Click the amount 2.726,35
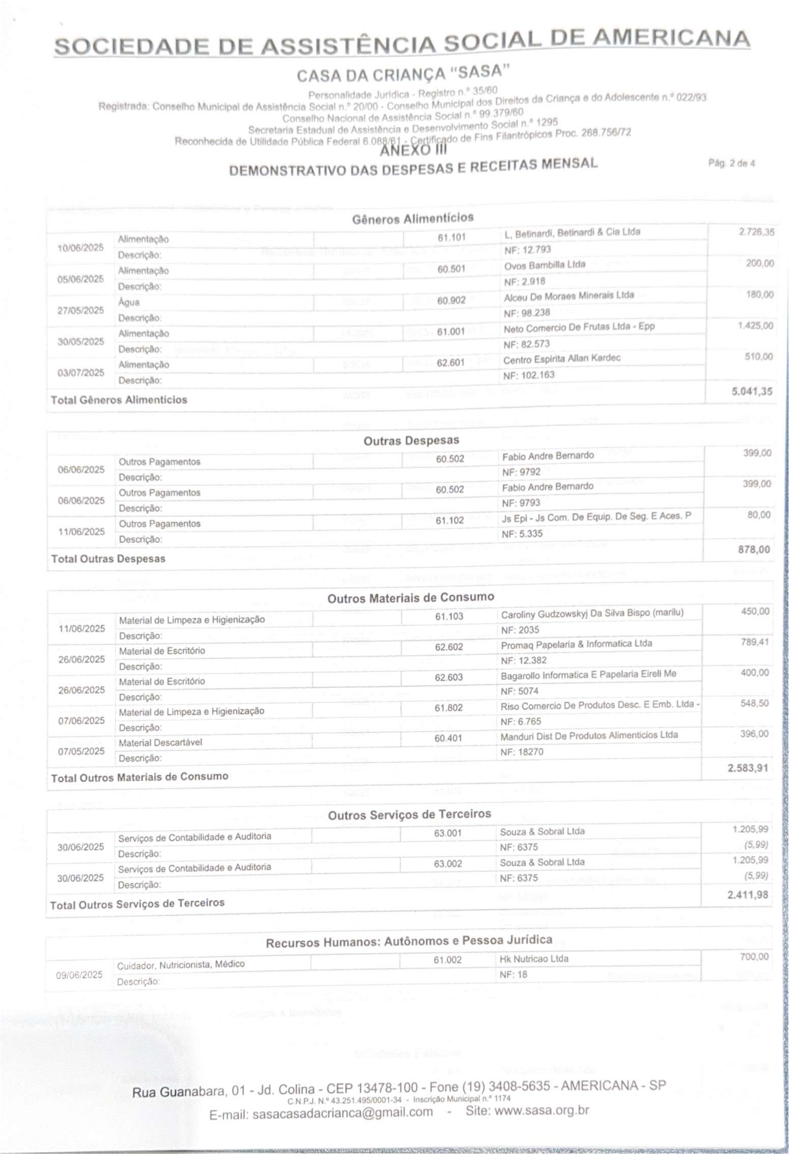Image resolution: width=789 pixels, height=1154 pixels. tap(756, 232)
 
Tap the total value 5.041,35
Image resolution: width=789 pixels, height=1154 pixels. tap(752, 391)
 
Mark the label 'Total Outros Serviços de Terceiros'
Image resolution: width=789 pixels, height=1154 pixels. tap(137, 904)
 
